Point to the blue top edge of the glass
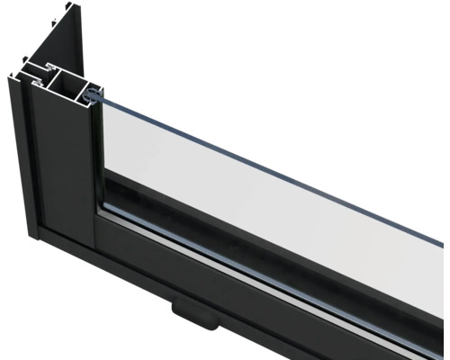pyautogui.click(x=270, y=144)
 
